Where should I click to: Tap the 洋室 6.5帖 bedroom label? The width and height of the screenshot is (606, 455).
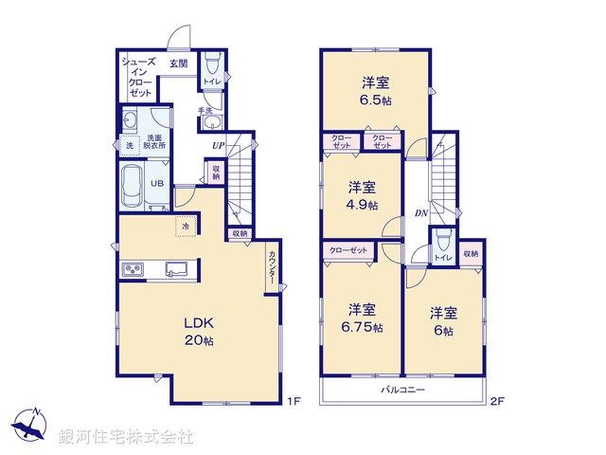377,90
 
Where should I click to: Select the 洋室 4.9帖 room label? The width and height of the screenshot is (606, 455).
363,195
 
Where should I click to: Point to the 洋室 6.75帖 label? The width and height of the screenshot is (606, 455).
365,318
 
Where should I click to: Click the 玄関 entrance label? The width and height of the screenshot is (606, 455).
178,64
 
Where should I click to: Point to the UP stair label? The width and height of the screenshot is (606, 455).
219,146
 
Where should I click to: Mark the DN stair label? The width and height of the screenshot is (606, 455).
420,213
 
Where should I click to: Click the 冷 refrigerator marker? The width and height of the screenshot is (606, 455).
186,227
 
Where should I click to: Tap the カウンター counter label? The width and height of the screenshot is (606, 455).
272,266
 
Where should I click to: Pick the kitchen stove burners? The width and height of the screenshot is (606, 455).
131,271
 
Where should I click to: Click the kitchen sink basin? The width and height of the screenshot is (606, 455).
177,270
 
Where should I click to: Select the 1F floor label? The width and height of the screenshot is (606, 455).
294,401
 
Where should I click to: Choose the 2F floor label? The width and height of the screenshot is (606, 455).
496,401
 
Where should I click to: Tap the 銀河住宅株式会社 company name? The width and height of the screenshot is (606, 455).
126,437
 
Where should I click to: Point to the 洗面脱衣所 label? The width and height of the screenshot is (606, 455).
154,141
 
